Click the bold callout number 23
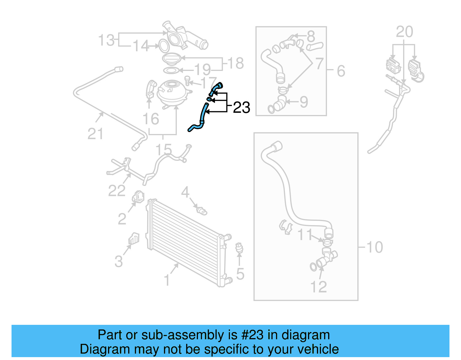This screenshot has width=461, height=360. [x=241, y=108]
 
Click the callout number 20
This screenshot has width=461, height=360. [x=404, y=32]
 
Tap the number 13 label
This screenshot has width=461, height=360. [x=107, y=40]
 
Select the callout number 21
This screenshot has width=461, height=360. [x=95, y=134]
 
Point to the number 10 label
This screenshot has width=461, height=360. [x=375, y=247]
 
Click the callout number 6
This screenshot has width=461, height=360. [x=341, y=71]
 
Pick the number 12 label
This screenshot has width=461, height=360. [x=318, y=287]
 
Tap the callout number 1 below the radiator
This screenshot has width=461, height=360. [x=167, y=280]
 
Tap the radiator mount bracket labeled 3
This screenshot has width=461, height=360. [x=134, y=239]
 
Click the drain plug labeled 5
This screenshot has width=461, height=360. [x=239, y=248]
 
